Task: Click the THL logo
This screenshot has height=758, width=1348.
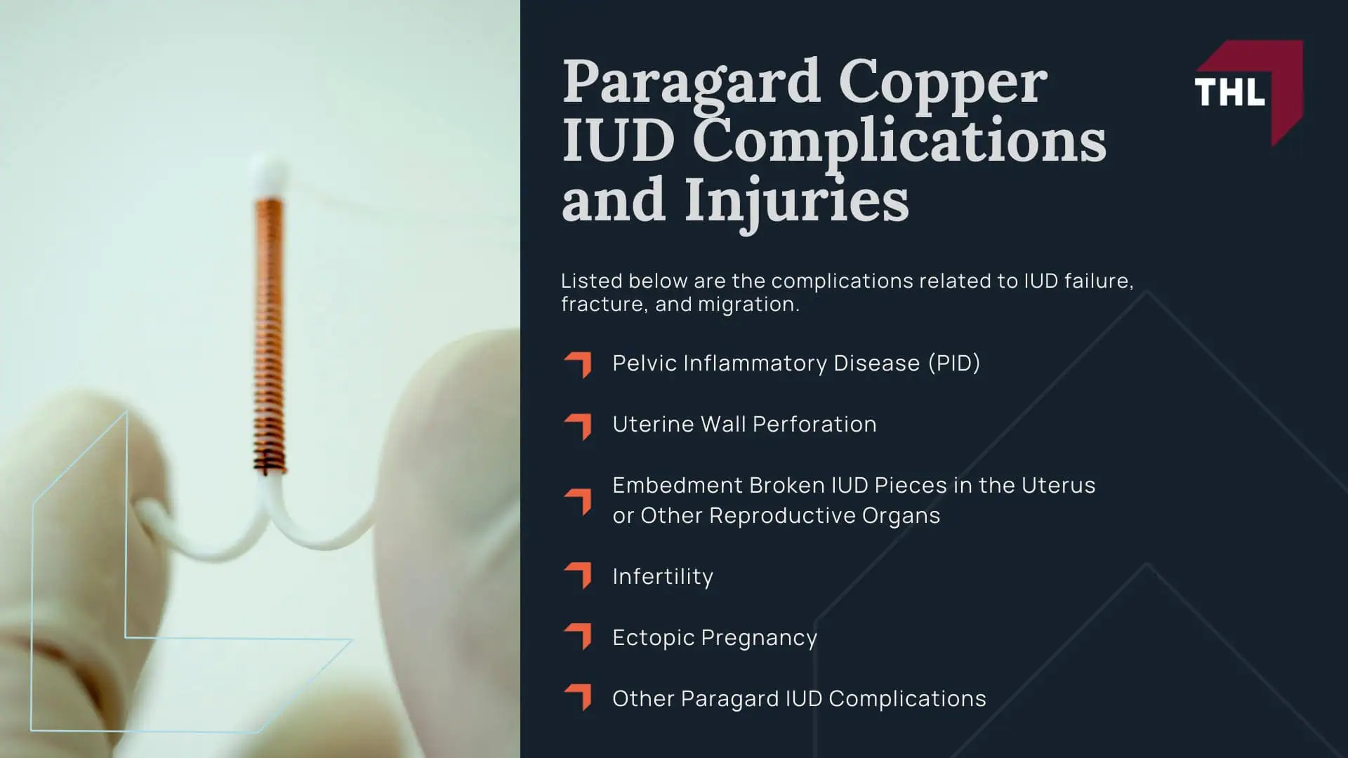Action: tap(1248, 92)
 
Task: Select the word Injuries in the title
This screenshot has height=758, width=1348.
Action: tap(796, 201)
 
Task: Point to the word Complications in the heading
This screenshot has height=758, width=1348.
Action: tap(899, 142)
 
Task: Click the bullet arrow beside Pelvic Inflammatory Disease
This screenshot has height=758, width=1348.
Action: tap(578, 364)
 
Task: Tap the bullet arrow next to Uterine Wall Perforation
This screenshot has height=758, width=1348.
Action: tap(578, 425)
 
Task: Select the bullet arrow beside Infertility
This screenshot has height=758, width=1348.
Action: tap(578, 576)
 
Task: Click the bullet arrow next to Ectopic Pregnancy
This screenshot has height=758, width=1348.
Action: tap(578, 637)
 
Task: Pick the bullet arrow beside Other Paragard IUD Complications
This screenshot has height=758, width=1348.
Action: tap(578, 698)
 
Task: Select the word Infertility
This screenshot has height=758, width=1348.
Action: tap(662, 577)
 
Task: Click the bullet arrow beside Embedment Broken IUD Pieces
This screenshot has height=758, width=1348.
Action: tap(578, 501)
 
